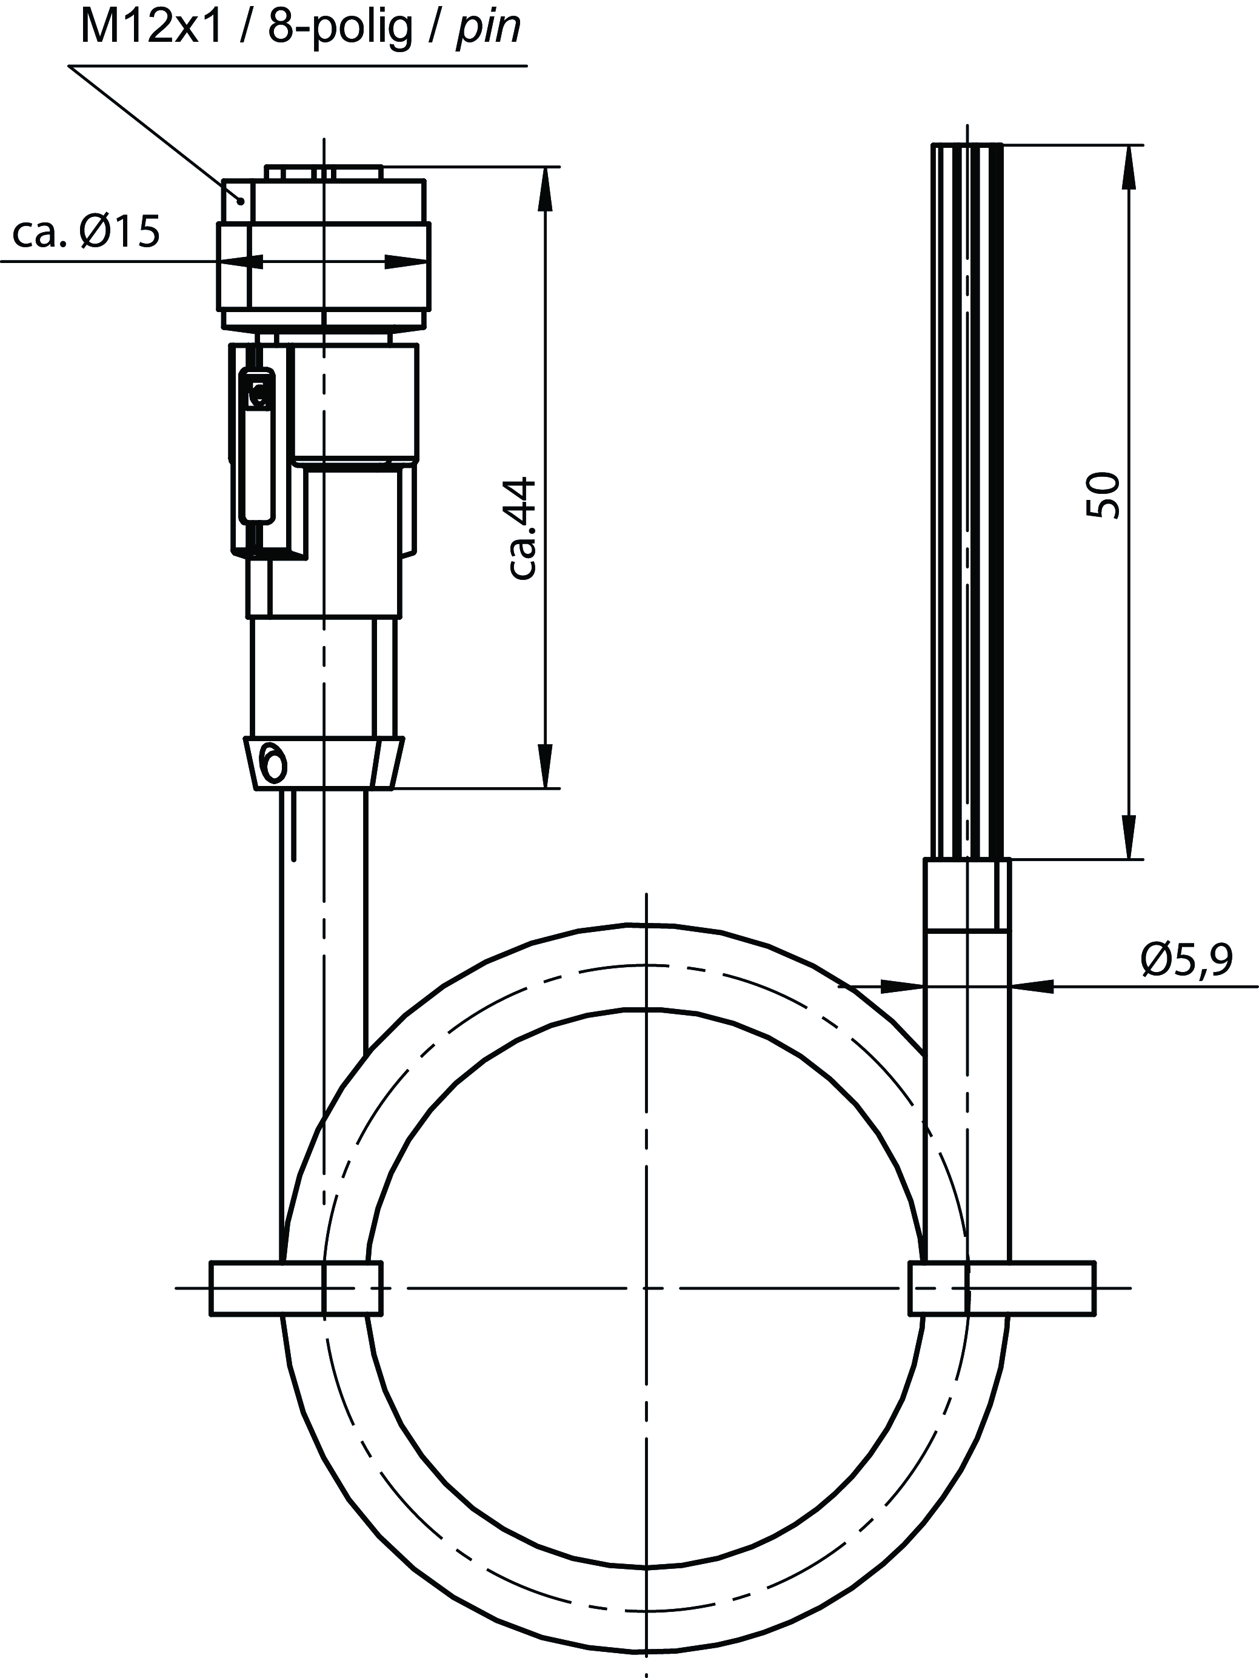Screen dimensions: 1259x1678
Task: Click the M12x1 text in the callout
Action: pyautogui.click(x=151, y=27)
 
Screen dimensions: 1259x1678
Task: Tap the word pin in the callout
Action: pyautogui.click(x=488, y=30)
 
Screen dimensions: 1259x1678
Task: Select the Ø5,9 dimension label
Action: pyautogui.click(x=1186, y=960)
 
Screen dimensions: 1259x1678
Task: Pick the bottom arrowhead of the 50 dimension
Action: pyautogui.click(x=1129, y=837)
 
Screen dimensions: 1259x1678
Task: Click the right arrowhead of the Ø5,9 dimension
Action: pyautogui.click(x=1032, y=986)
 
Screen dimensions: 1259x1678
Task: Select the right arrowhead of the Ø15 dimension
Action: pyautogui.click(x=406, y=262)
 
